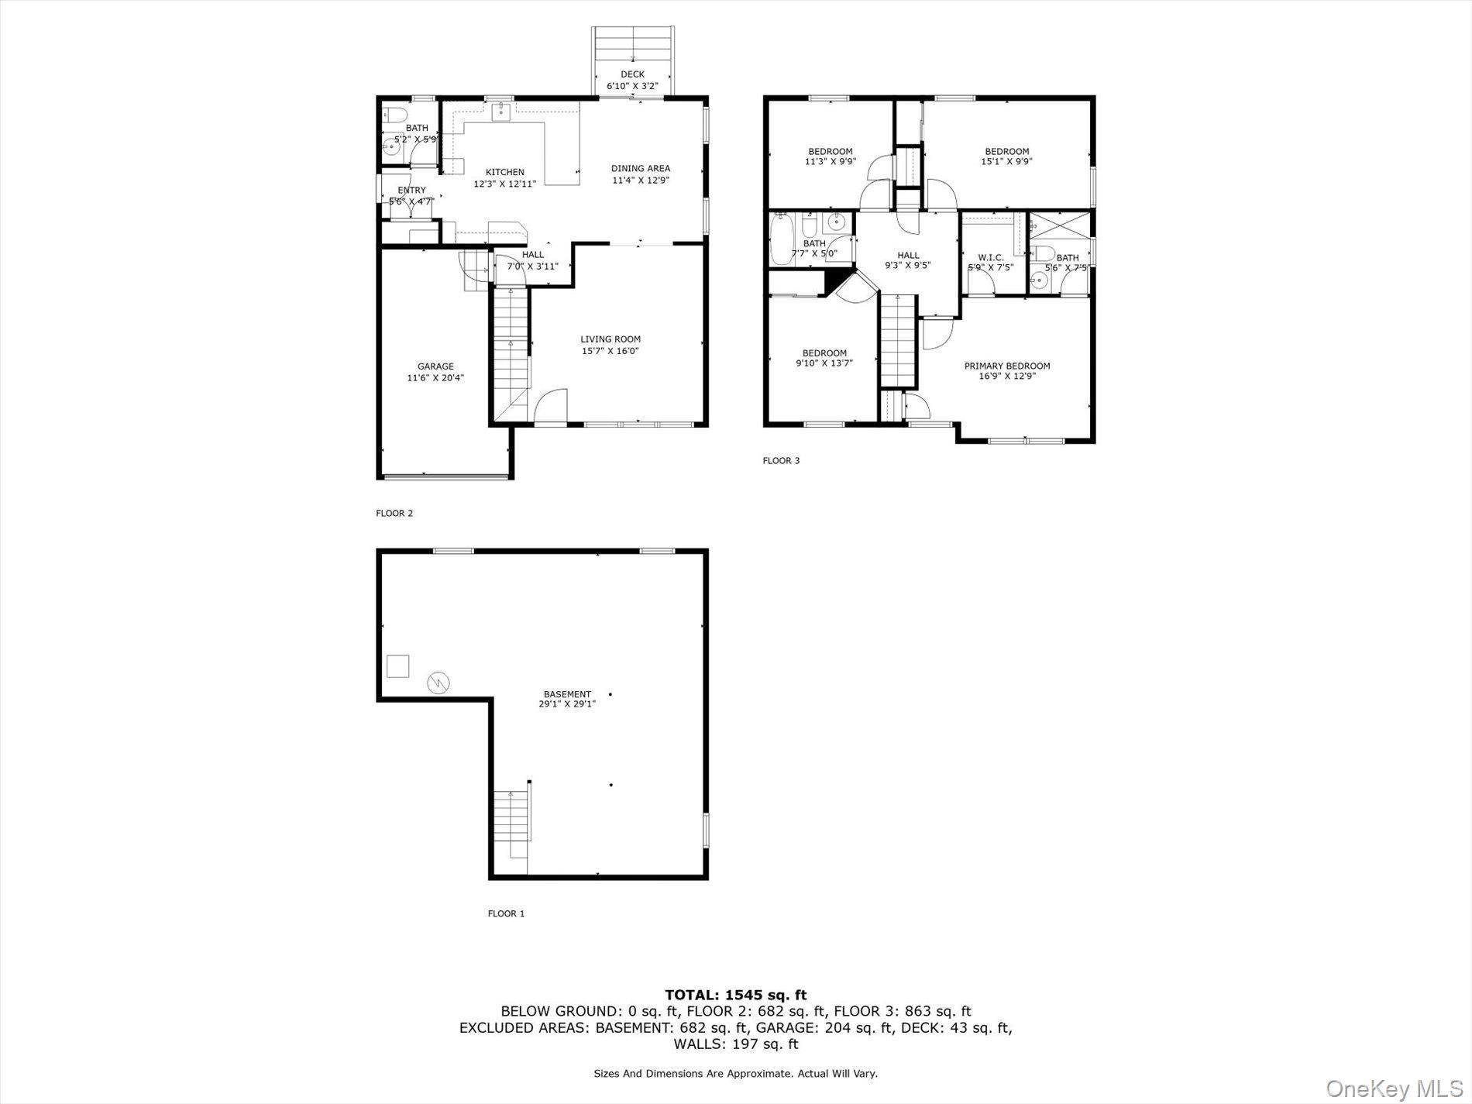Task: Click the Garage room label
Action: click(x=435, y=366)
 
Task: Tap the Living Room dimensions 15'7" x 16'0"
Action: click(x=610, y=351)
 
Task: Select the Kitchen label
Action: click(x=504, y=172)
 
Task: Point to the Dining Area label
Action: click(x=640, y=168)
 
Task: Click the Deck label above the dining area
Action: click(x=632, y=74)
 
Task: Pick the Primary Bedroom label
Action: click(x=1006, y=366)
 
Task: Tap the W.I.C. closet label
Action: click(x=990, y=257)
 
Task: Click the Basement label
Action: click(x=567, y=694)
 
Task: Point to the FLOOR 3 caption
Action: click(x=781, y=461)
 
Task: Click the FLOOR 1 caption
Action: click(x=506, y=913)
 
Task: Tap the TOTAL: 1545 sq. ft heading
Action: click(x=735, y=995)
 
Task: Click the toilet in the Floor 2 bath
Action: click(x=392, y=116)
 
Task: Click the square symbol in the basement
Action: click(x=397, y=666)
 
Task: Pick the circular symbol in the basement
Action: click(x=439, y=683)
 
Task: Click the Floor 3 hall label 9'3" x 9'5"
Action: click(x=908, y=260)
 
